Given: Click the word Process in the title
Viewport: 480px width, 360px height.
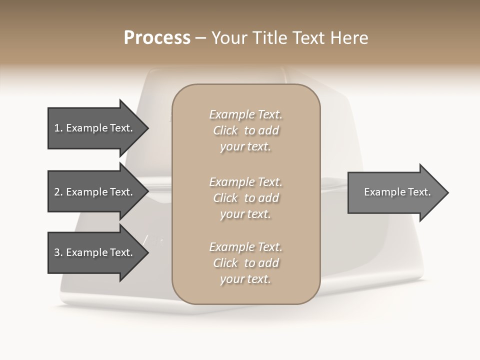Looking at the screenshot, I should click(x=157, y=38).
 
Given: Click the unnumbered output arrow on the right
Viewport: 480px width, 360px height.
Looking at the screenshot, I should click(x=395, y=192).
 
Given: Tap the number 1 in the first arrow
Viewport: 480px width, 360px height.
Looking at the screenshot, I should click(x=57, y=128).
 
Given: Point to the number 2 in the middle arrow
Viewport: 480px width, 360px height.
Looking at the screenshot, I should click(x=57, y=192).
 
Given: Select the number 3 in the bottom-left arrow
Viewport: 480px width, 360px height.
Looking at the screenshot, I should click(x=57, y=252).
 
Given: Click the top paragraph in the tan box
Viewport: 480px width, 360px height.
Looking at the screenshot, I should click(x=245, y=130).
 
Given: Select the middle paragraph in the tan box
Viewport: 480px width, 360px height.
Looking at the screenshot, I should click(x=245, y=198).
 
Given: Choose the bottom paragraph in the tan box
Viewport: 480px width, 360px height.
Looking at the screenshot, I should click(x=245, y=263).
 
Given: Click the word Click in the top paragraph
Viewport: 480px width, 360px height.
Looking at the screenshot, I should click(x=225, y=130).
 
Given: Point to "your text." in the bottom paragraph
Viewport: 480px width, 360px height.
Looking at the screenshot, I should click(x=245, y=279).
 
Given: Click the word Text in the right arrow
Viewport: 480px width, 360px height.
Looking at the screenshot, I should click(x=419, y=192).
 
